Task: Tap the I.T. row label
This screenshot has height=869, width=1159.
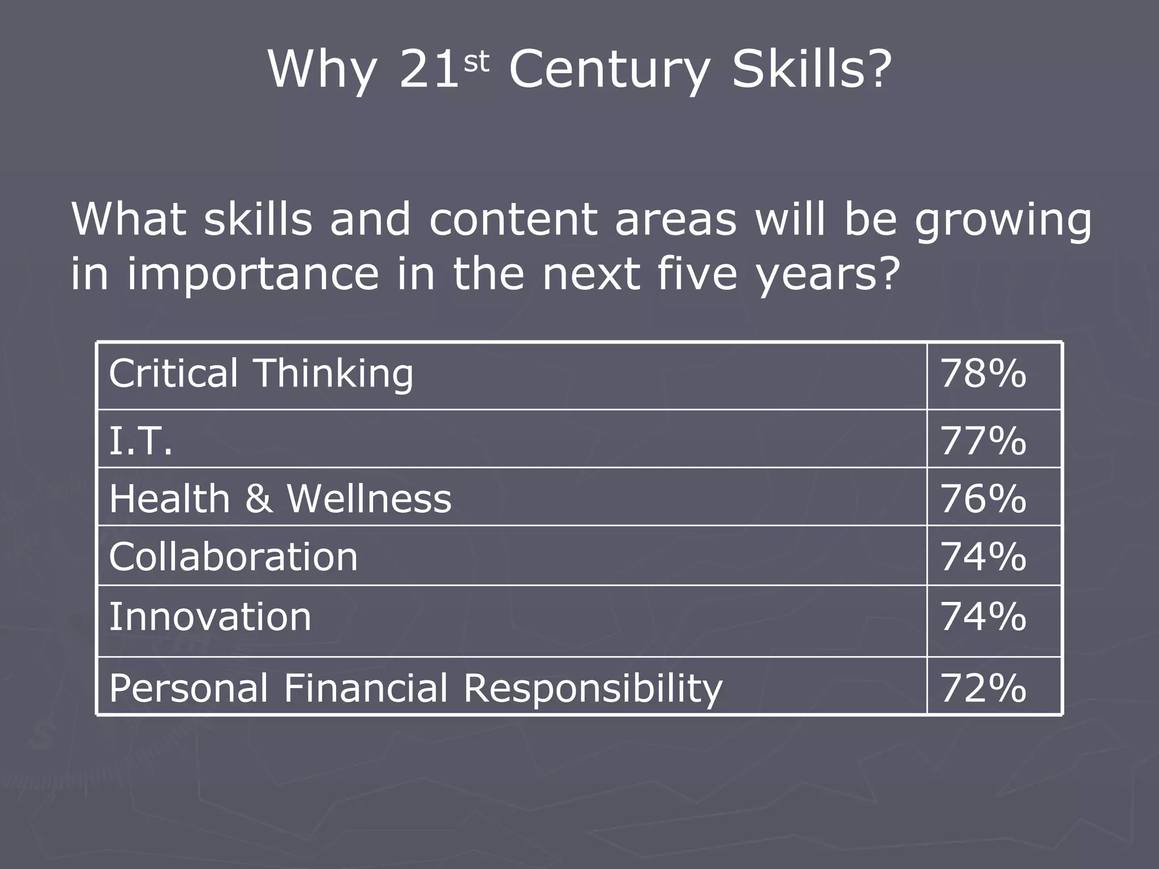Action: point(140,441)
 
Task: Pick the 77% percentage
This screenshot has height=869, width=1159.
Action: point(983,441)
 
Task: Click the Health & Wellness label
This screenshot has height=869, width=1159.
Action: point(280,498)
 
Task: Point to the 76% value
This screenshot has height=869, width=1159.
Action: point(983,498)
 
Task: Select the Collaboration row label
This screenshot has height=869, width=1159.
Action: point(233,557)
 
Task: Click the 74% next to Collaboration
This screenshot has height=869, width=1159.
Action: point(983,557)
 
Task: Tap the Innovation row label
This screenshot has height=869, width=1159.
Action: point(210,616)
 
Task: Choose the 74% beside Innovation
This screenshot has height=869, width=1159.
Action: point(983,616)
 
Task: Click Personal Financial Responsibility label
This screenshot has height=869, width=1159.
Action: point(415,688)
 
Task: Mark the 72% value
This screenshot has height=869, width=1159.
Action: point(983,688)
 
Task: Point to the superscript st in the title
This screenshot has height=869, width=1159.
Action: point(476,62)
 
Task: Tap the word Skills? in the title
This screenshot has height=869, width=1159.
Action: point(811,70)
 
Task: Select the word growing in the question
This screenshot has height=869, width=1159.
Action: point(1003,221)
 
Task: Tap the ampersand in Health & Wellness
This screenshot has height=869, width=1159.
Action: point(258,498)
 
